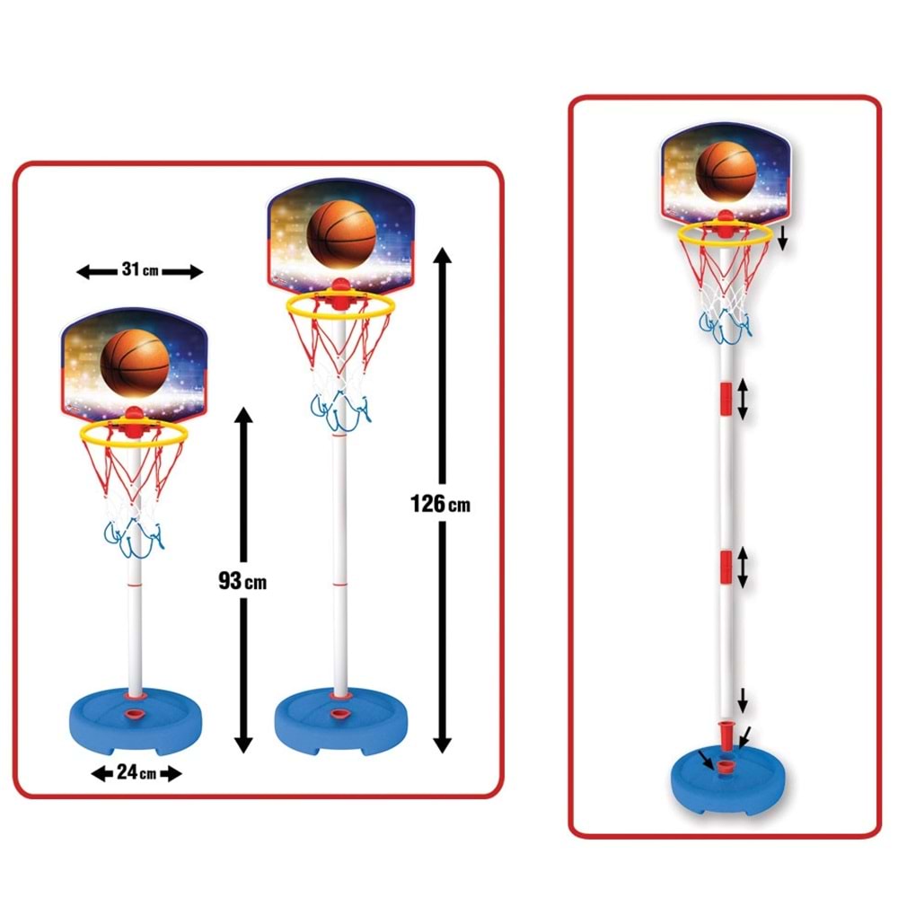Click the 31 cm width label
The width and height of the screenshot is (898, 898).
[x=140, y=269]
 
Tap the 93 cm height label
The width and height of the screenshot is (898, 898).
[x=242, y=581]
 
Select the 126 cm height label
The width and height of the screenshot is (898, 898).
[x=440, y=504]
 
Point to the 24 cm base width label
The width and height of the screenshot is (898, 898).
[x=136, y=772]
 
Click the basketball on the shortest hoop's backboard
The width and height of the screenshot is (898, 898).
[x=136, y=363]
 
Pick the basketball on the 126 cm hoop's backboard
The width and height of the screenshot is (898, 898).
[x=341, y=234]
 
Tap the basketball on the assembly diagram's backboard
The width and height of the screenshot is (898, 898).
[x=726, y=172]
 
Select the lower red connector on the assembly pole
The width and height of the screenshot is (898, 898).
[x=726, y=568]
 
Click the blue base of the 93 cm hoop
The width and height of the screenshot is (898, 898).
[x=136, y=723]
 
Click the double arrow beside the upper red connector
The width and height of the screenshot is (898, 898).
[x=743, y=400]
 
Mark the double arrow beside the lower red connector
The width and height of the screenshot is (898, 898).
[x=743, y=568]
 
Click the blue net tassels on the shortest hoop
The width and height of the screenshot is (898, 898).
[x=134, y=537]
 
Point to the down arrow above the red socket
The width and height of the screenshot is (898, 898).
[x=743, y=700]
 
